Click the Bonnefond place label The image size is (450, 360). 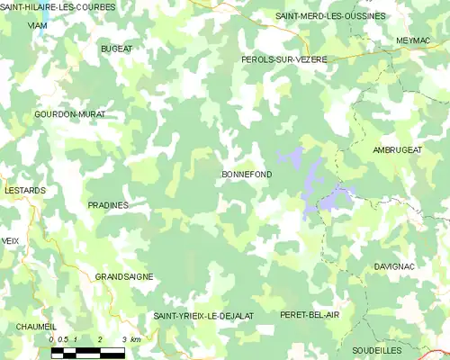pyautogui.click(x=246, y=175)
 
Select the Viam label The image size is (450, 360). pyautogui.click(x=38, y=26)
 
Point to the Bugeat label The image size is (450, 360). pyautogui.click(x=116, y=47)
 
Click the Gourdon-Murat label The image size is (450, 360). pyautogui.click(x=69, y=115)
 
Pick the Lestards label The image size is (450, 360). pyautogui.click(x=19, y=166)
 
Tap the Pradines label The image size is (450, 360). pyautogui.click(x=108, y=205)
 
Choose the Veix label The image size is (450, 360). pyautogui.click(x=10, y=241)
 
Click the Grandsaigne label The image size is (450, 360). pyautogui.click(x=124, y=277)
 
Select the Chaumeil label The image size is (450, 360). pyautogui.click(x=36, y=326)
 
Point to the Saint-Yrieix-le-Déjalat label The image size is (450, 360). pyautogui.click(x=203, y=315)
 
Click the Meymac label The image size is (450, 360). pyautogui.click(x=416, y=41)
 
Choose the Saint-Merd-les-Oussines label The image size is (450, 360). pyautogui.click(x=330, y=16)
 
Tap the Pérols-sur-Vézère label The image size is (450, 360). pyautogui.click(x=284, y=58)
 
